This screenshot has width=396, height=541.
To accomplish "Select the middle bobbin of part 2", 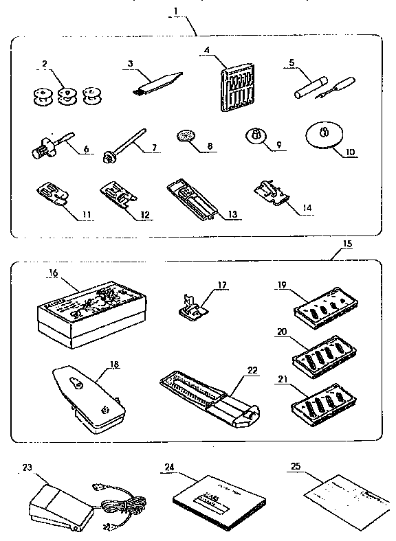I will [67, 96].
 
